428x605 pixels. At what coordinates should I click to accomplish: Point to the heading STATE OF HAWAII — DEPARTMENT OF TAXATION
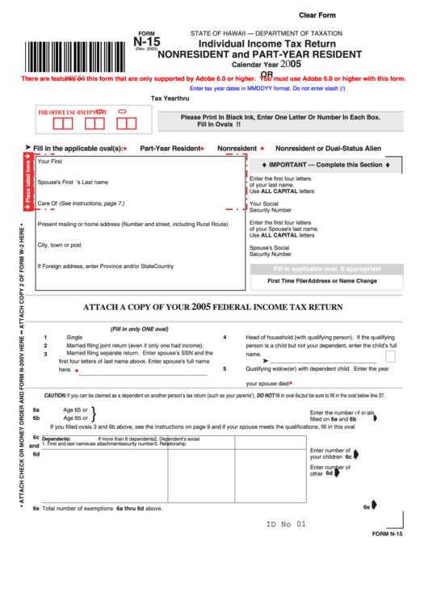point(266,33)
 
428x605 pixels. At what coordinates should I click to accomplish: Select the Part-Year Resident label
point(170,149)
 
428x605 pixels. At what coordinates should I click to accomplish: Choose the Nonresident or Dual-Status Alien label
point(328,149)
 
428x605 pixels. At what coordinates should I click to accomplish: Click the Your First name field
point(137,162)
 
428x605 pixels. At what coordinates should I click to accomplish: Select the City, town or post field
point(137,245)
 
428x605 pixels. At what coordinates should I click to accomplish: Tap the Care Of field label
point(81,204)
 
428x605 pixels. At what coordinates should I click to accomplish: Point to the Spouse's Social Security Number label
point(270,250)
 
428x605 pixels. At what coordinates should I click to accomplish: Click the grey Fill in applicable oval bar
point(326,269)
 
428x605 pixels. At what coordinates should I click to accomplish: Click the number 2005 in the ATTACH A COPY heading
point(201,307)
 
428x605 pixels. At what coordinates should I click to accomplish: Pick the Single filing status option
point(74,337)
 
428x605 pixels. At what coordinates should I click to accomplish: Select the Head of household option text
point(320,337)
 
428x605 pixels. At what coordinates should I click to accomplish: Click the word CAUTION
point(55,396)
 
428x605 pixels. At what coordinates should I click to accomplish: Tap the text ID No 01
point(287,524)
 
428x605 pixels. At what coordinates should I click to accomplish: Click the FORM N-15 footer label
point(387,535)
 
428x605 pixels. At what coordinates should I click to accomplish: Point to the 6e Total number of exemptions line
point(102,509)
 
